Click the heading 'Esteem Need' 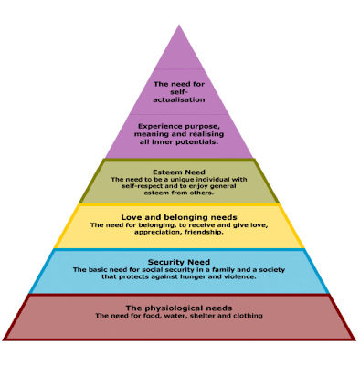180,171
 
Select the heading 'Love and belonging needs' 179,215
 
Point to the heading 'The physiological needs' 179,308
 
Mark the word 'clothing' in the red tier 246,316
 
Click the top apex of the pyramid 180,25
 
